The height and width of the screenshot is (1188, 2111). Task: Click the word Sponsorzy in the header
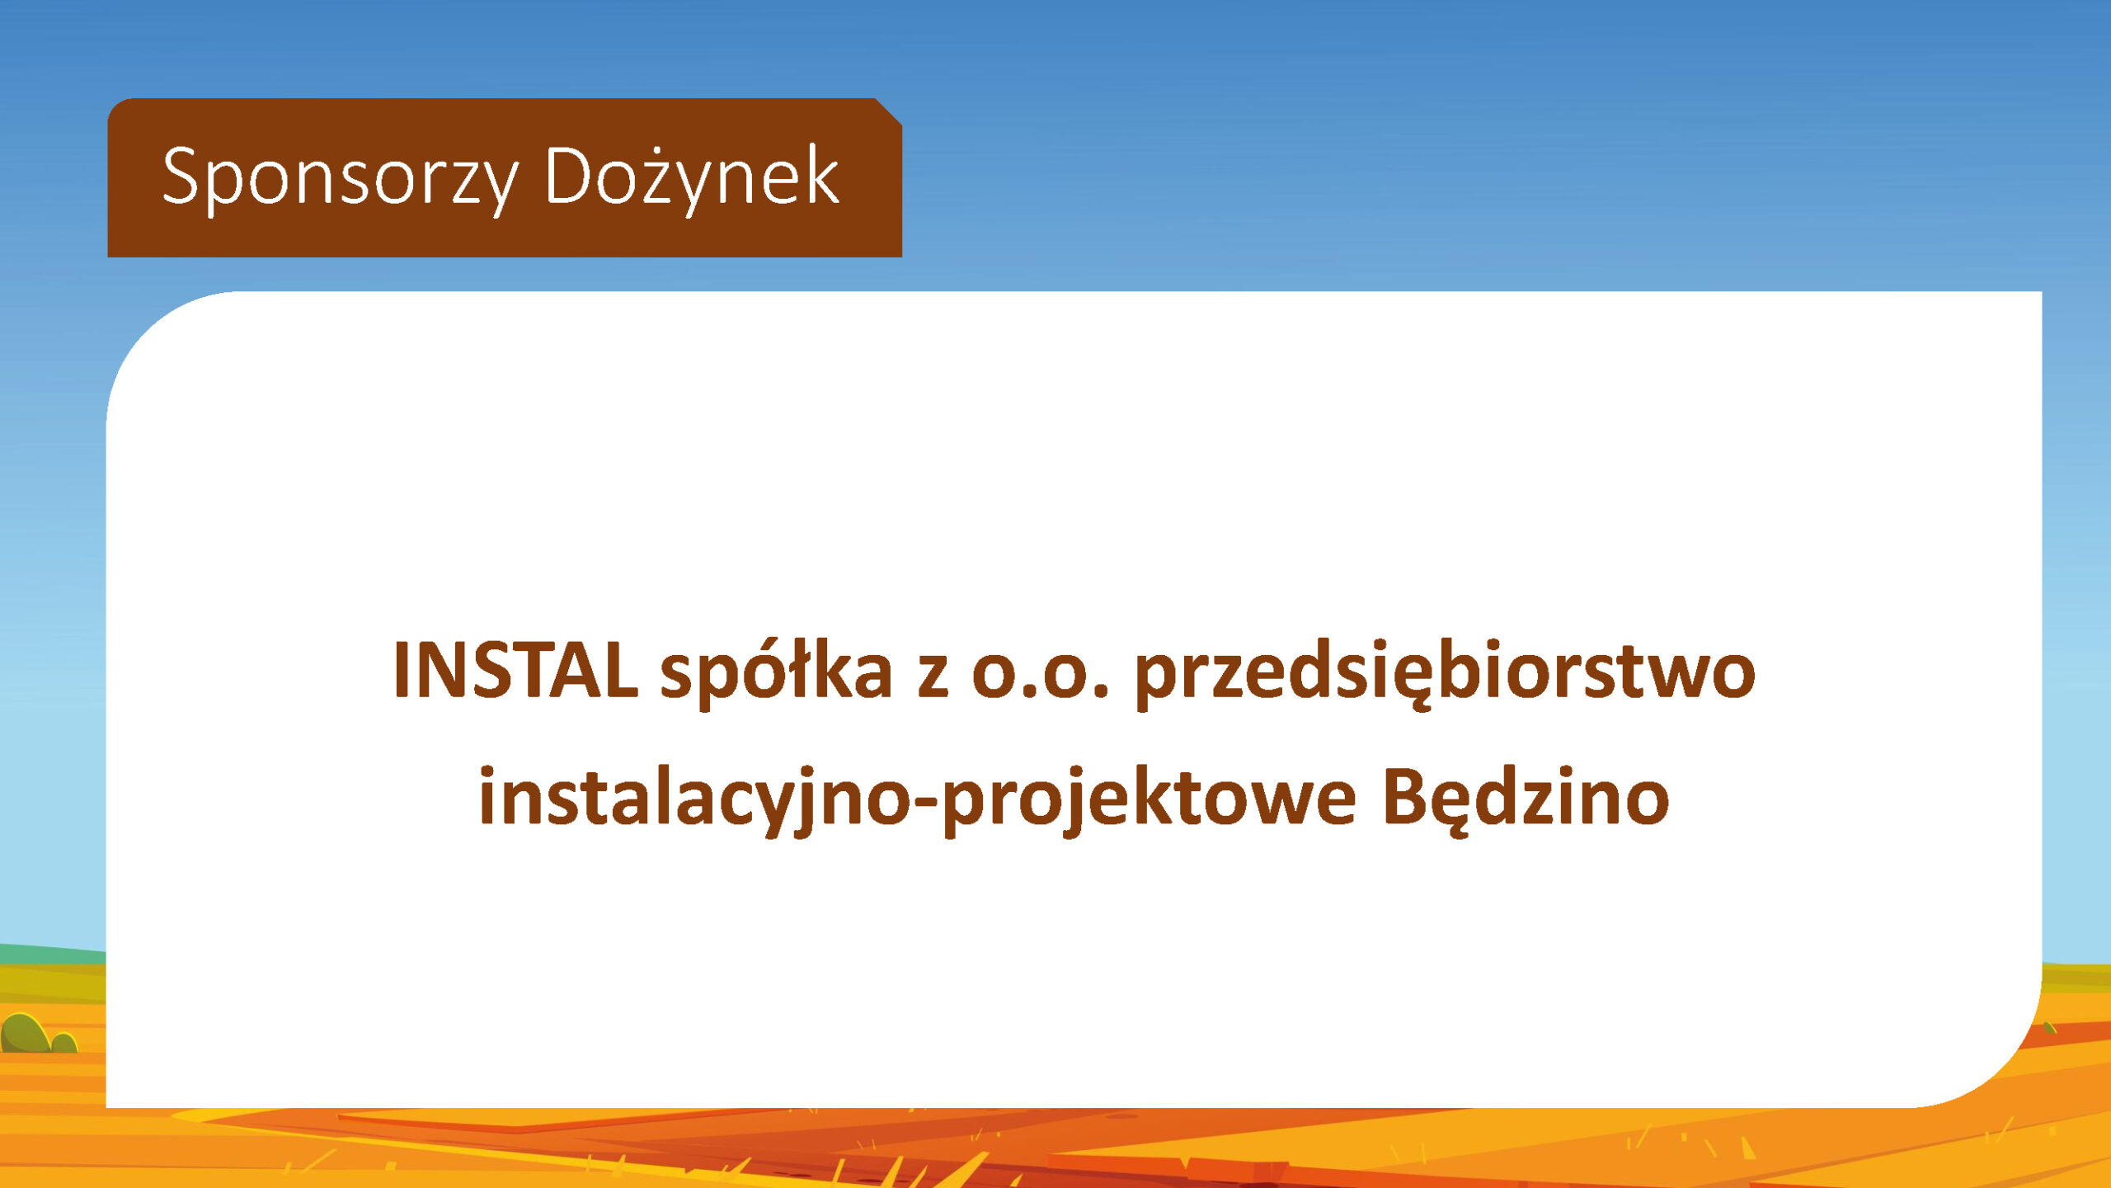coord(340,178)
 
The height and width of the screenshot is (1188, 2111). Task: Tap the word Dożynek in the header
coord(692,177)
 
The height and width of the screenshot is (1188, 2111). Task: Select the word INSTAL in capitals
coord(515,671)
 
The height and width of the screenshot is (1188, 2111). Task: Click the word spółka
coord(776,673)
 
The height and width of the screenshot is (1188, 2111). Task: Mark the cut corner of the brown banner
coord(889,112)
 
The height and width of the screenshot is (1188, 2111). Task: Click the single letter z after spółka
coord(933,678)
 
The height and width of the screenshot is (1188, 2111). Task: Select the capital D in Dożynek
coord(570,175)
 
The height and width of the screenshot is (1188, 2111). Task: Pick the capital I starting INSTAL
coord(402,671)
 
